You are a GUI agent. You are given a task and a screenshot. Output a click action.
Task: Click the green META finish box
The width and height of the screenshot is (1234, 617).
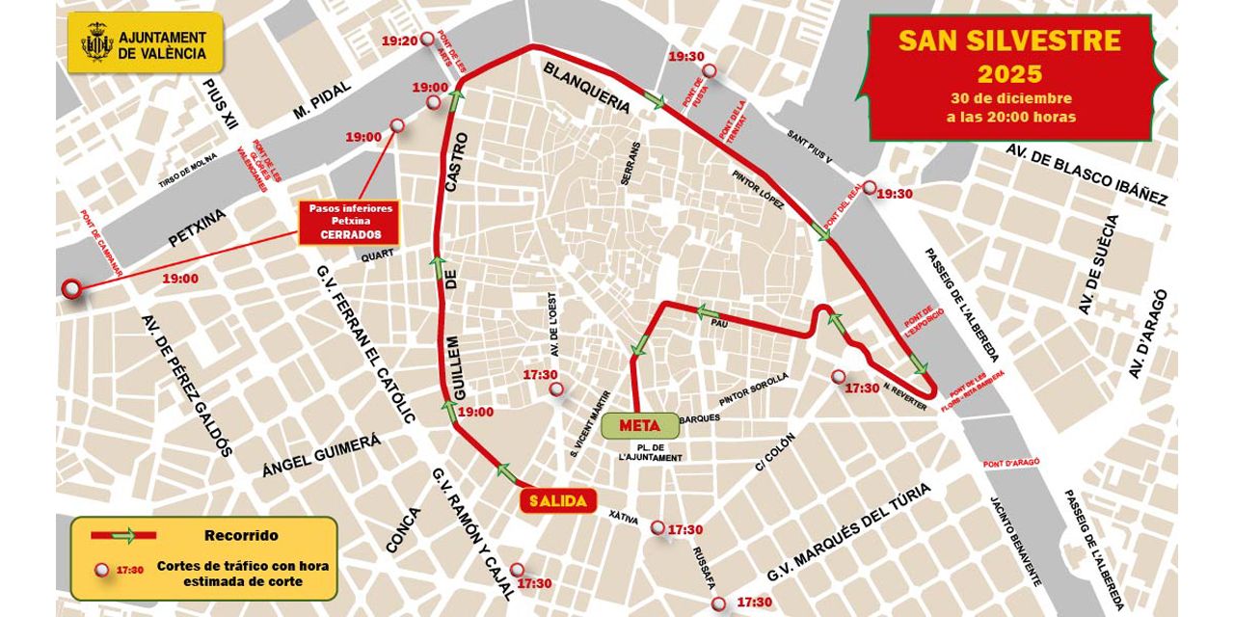coord(639,424)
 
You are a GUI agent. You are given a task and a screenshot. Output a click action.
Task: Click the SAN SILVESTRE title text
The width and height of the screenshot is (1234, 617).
coord(1009,40)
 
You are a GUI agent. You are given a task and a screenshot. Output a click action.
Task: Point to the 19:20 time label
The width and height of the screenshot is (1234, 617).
coord(399,40)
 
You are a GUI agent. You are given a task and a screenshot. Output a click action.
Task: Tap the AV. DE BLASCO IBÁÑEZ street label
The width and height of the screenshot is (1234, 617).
coord(1086,174)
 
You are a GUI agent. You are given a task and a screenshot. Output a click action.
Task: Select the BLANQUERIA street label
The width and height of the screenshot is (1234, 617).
coord(587,89)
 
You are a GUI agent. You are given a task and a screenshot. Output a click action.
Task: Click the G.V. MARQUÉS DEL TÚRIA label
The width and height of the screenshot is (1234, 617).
coord(848,532)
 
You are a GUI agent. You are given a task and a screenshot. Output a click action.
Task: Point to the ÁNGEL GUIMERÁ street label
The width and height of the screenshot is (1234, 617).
coord(321,456)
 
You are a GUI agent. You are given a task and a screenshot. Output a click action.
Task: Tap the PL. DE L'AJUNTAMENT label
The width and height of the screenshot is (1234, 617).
coord(651,452)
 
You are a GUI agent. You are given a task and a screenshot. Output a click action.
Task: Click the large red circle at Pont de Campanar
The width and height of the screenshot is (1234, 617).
coord(71,288)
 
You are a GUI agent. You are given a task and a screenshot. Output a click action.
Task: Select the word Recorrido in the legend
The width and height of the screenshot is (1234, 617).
coord(241,535)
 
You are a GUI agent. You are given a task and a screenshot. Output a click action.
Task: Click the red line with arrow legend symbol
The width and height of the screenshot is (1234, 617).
coord(122,535)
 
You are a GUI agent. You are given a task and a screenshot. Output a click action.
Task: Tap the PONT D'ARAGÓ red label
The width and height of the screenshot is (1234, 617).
coord(1011,463)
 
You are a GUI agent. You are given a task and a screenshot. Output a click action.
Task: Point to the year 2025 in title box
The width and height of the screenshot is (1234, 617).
coord(1009,73)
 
